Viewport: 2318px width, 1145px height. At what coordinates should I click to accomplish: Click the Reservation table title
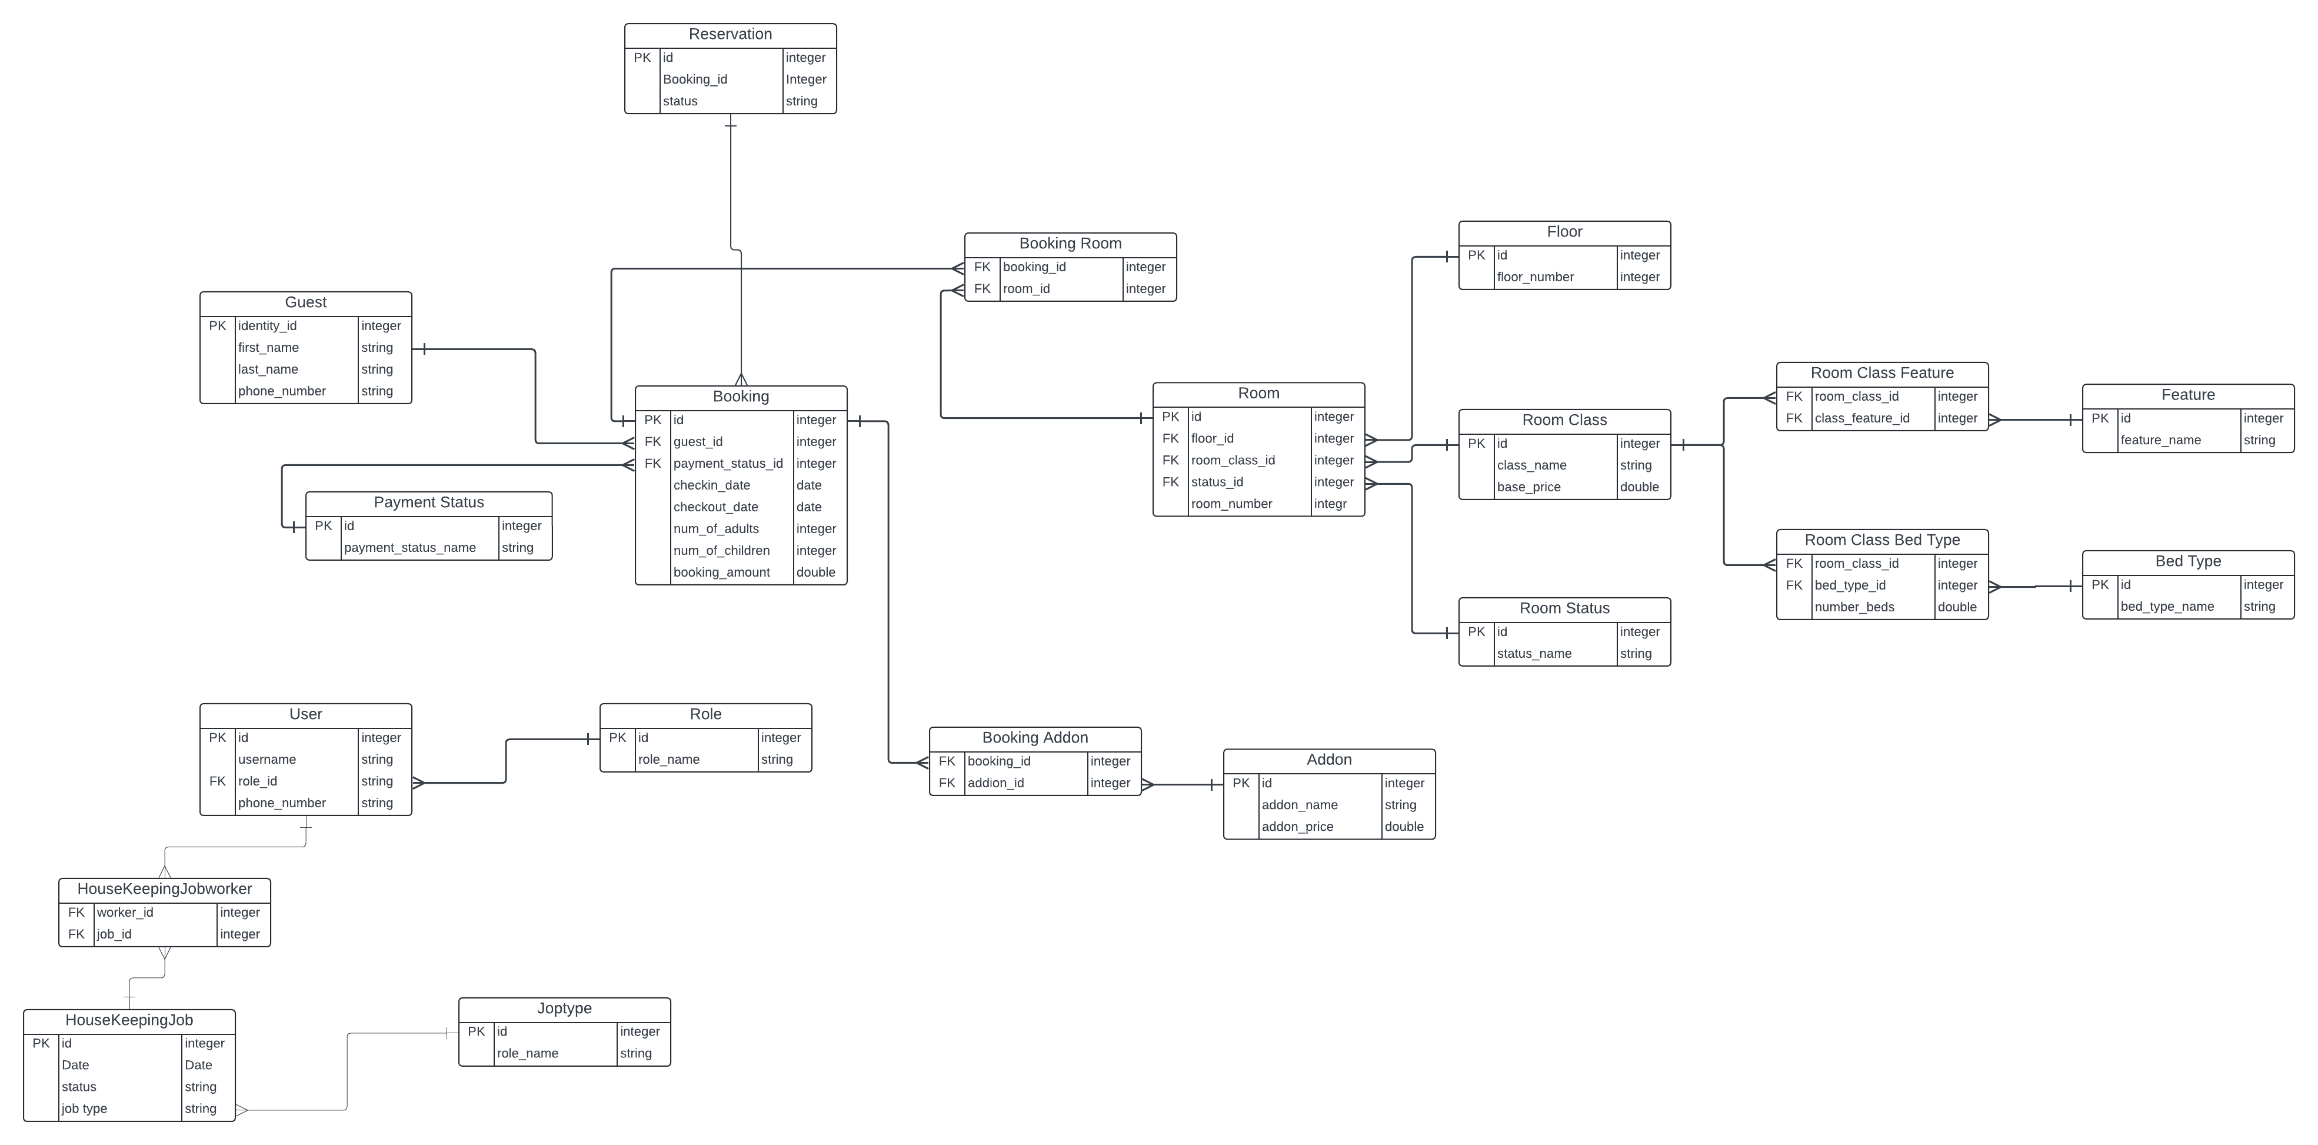[x=730, y=34]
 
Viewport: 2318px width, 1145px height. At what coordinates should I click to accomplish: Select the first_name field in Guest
[x=268, y=348]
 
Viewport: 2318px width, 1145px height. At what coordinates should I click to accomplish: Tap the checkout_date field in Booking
[x=715, y=507]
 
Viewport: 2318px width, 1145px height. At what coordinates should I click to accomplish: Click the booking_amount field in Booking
[x=722, y=572]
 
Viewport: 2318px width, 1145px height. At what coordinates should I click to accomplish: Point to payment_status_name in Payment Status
[x=409, y=547]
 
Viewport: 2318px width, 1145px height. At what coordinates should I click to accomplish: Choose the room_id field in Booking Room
[x=1026, y=289]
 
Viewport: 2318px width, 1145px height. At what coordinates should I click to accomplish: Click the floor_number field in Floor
[x=1535, y=277]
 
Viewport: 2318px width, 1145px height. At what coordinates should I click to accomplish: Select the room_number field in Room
[x=1231, y=504]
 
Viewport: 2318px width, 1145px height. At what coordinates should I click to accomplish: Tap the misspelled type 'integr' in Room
[x=1330, y=504]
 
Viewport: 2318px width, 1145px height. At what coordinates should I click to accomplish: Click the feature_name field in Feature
[x=2160, y=440]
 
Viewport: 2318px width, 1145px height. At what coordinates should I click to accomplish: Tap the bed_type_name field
[x=2167, y=607]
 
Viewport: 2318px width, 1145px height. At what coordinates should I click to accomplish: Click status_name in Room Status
[x=1534, y=654]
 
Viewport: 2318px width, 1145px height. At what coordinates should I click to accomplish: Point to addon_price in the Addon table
[x=1297, y=826]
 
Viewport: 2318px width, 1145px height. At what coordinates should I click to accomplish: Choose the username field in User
[x=267, y=760]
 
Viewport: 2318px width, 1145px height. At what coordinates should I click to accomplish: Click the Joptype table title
[x=564, y=1008]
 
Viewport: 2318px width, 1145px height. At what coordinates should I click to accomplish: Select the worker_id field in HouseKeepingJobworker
[x=125, y=913]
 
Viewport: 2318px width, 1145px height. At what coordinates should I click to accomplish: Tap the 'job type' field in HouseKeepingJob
[x=85, y=1109]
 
